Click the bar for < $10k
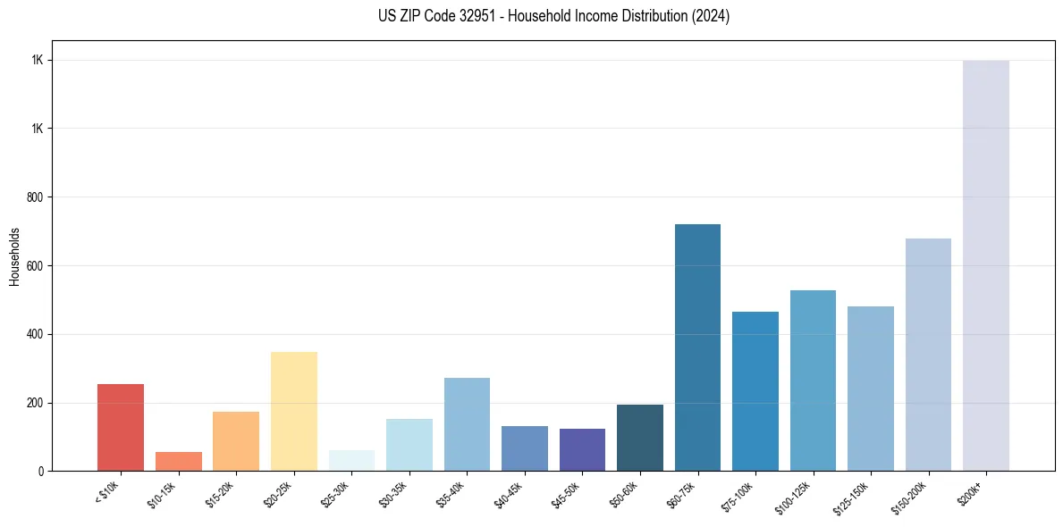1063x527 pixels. [121, 427]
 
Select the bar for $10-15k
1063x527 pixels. [179, 461]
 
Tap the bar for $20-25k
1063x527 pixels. [294, 411]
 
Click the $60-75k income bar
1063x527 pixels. [697, 347]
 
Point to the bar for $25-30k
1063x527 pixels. [351, 460]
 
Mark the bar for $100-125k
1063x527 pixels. [813, 381]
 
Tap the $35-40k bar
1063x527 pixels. [467, 424]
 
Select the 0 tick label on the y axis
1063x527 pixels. [41, 472]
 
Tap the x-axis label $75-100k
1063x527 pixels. [738, 497]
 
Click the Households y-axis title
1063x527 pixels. [15, 256]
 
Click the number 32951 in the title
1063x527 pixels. [466, 16]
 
